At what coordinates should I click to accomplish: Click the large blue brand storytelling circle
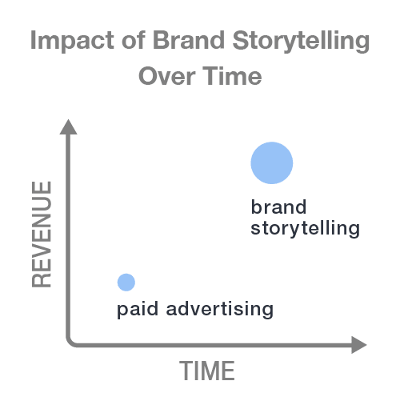pos(272,162)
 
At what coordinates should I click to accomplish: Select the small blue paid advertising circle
pos(126,283)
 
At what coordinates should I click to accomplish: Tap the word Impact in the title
pos(72,41)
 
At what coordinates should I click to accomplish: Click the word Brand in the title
pos(188,40)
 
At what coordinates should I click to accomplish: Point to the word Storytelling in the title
pos(301,41)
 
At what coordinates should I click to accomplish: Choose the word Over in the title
pos(167,76)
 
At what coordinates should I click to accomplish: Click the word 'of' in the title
pos(134,40)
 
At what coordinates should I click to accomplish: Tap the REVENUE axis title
pos(42,234)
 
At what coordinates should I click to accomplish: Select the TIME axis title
pos(207,371)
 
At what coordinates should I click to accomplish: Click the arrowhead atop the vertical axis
pos(68,127)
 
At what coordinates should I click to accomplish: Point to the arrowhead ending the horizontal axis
pos(359,345)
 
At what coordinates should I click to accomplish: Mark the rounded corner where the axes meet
pos(70,343)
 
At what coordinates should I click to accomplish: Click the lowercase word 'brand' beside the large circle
pos(278,206)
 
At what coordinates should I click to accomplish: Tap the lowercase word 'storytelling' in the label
pos(306,228)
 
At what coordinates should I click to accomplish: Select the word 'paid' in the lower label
pos(138,309)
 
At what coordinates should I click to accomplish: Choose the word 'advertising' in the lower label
pos(220,309)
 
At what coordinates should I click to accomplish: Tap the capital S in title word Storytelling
pos(241,40)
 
